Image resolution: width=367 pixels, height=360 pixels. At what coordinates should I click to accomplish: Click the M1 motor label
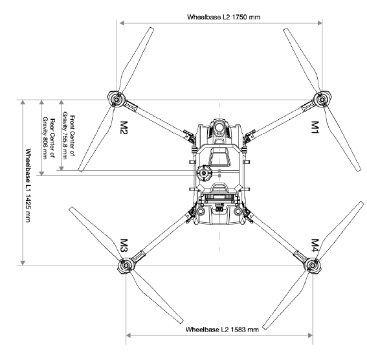(x=315, y=127)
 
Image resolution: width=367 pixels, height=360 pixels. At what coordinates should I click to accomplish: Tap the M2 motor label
(x=124, y=128)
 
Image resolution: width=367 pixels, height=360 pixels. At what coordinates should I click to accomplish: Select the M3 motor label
(x=124, y=245)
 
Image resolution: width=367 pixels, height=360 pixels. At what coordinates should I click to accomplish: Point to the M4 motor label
(x=315, y=245)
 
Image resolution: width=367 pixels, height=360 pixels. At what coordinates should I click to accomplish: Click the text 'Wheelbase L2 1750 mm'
(x=223, y=17)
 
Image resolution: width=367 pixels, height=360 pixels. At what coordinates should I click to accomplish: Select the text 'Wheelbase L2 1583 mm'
(x=222, y=330)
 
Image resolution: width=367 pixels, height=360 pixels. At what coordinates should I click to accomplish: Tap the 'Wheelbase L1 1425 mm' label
(x=28, y=185)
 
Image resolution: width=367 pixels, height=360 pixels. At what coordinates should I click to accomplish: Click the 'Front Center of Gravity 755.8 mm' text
(x=69, y=137)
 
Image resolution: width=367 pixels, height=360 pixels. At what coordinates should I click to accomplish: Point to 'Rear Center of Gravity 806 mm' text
(x=49, y=139)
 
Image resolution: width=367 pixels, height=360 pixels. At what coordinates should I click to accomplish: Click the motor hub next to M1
(x=322, y=100)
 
